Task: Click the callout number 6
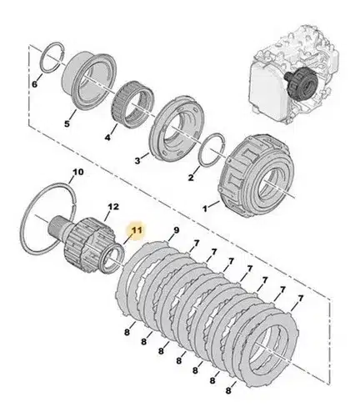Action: click(x=34, y=84)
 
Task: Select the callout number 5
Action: click(x=67, y=123)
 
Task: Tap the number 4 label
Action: click(x=107, y=137)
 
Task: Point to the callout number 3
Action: click(x=137, y=161)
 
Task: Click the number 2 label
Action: click(x=191, y=178)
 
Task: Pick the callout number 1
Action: click(x=205, y=208)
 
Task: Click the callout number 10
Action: click(x=78, y=172)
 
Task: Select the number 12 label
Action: click(x=113, y=207)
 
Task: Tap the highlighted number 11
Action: click(x=137, y=230)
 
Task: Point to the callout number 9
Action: click(x=177, y=230)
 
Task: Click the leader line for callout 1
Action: click(x=213, y=205)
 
